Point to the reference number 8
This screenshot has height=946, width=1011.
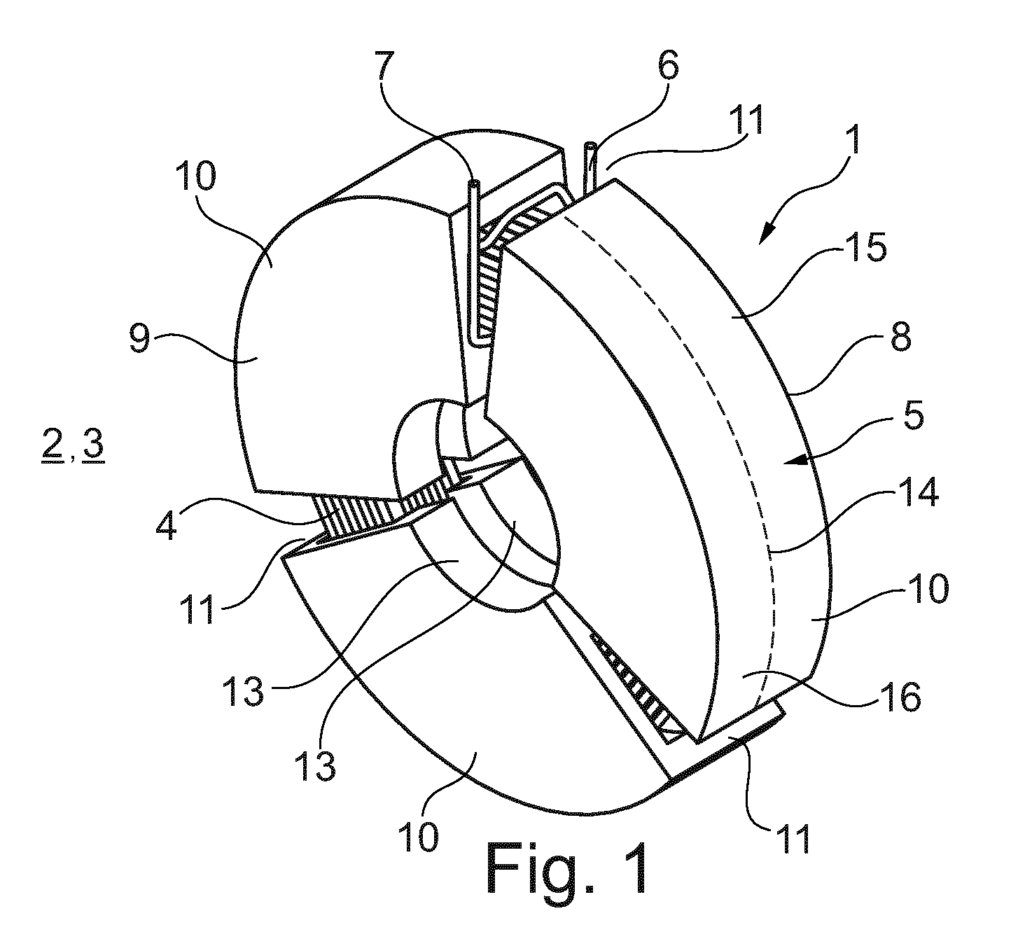click(901, 334)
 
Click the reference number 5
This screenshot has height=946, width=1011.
click(912, 418)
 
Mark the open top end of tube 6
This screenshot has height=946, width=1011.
click(590, 145)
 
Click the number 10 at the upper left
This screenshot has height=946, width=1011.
click(196, 176)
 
